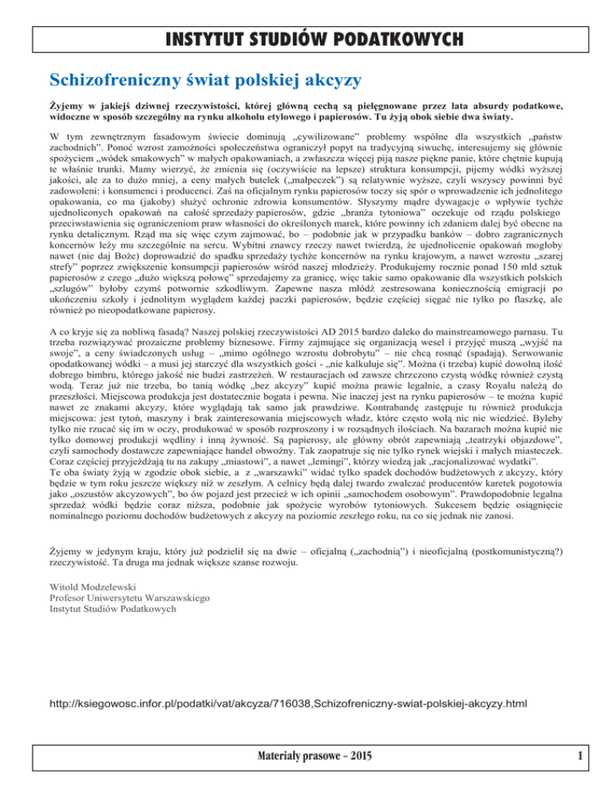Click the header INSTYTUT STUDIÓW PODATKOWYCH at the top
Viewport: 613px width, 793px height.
point(306,39)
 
